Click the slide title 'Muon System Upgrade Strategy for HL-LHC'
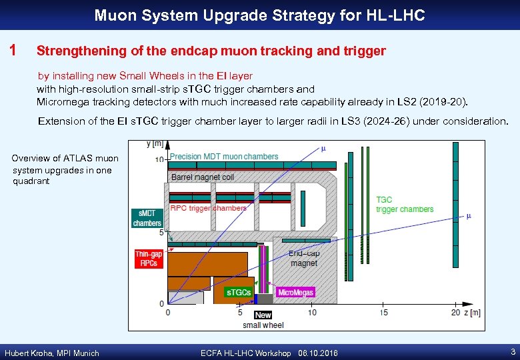259,15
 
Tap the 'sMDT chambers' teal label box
147,218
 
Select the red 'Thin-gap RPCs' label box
148,259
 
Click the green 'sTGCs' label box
239,292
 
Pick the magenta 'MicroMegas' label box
295,292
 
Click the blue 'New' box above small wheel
263,315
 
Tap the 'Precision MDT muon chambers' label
224,157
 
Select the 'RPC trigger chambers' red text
208,208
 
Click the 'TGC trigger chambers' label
405,205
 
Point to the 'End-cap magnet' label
304,258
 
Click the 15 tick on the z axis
384,312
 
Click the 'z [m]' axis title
470,312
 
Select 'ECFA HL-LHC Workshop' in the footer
245,353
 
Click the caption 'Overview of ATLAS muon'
65,158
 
